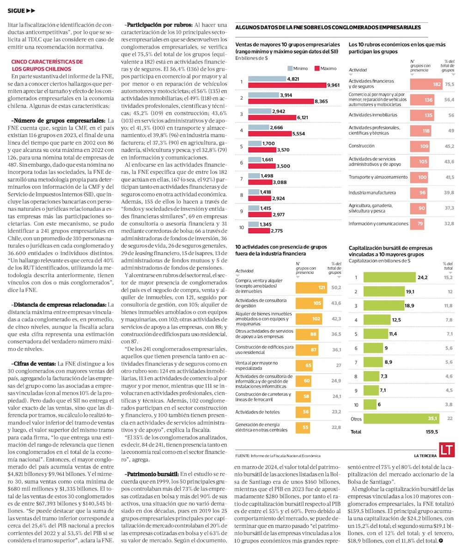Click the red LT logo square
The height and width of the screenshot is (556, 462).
pyautogui.click(x=445, y=450)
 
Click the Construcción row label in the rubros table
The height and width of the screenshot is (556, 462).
pyautogui.click(x=362, y=146)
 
